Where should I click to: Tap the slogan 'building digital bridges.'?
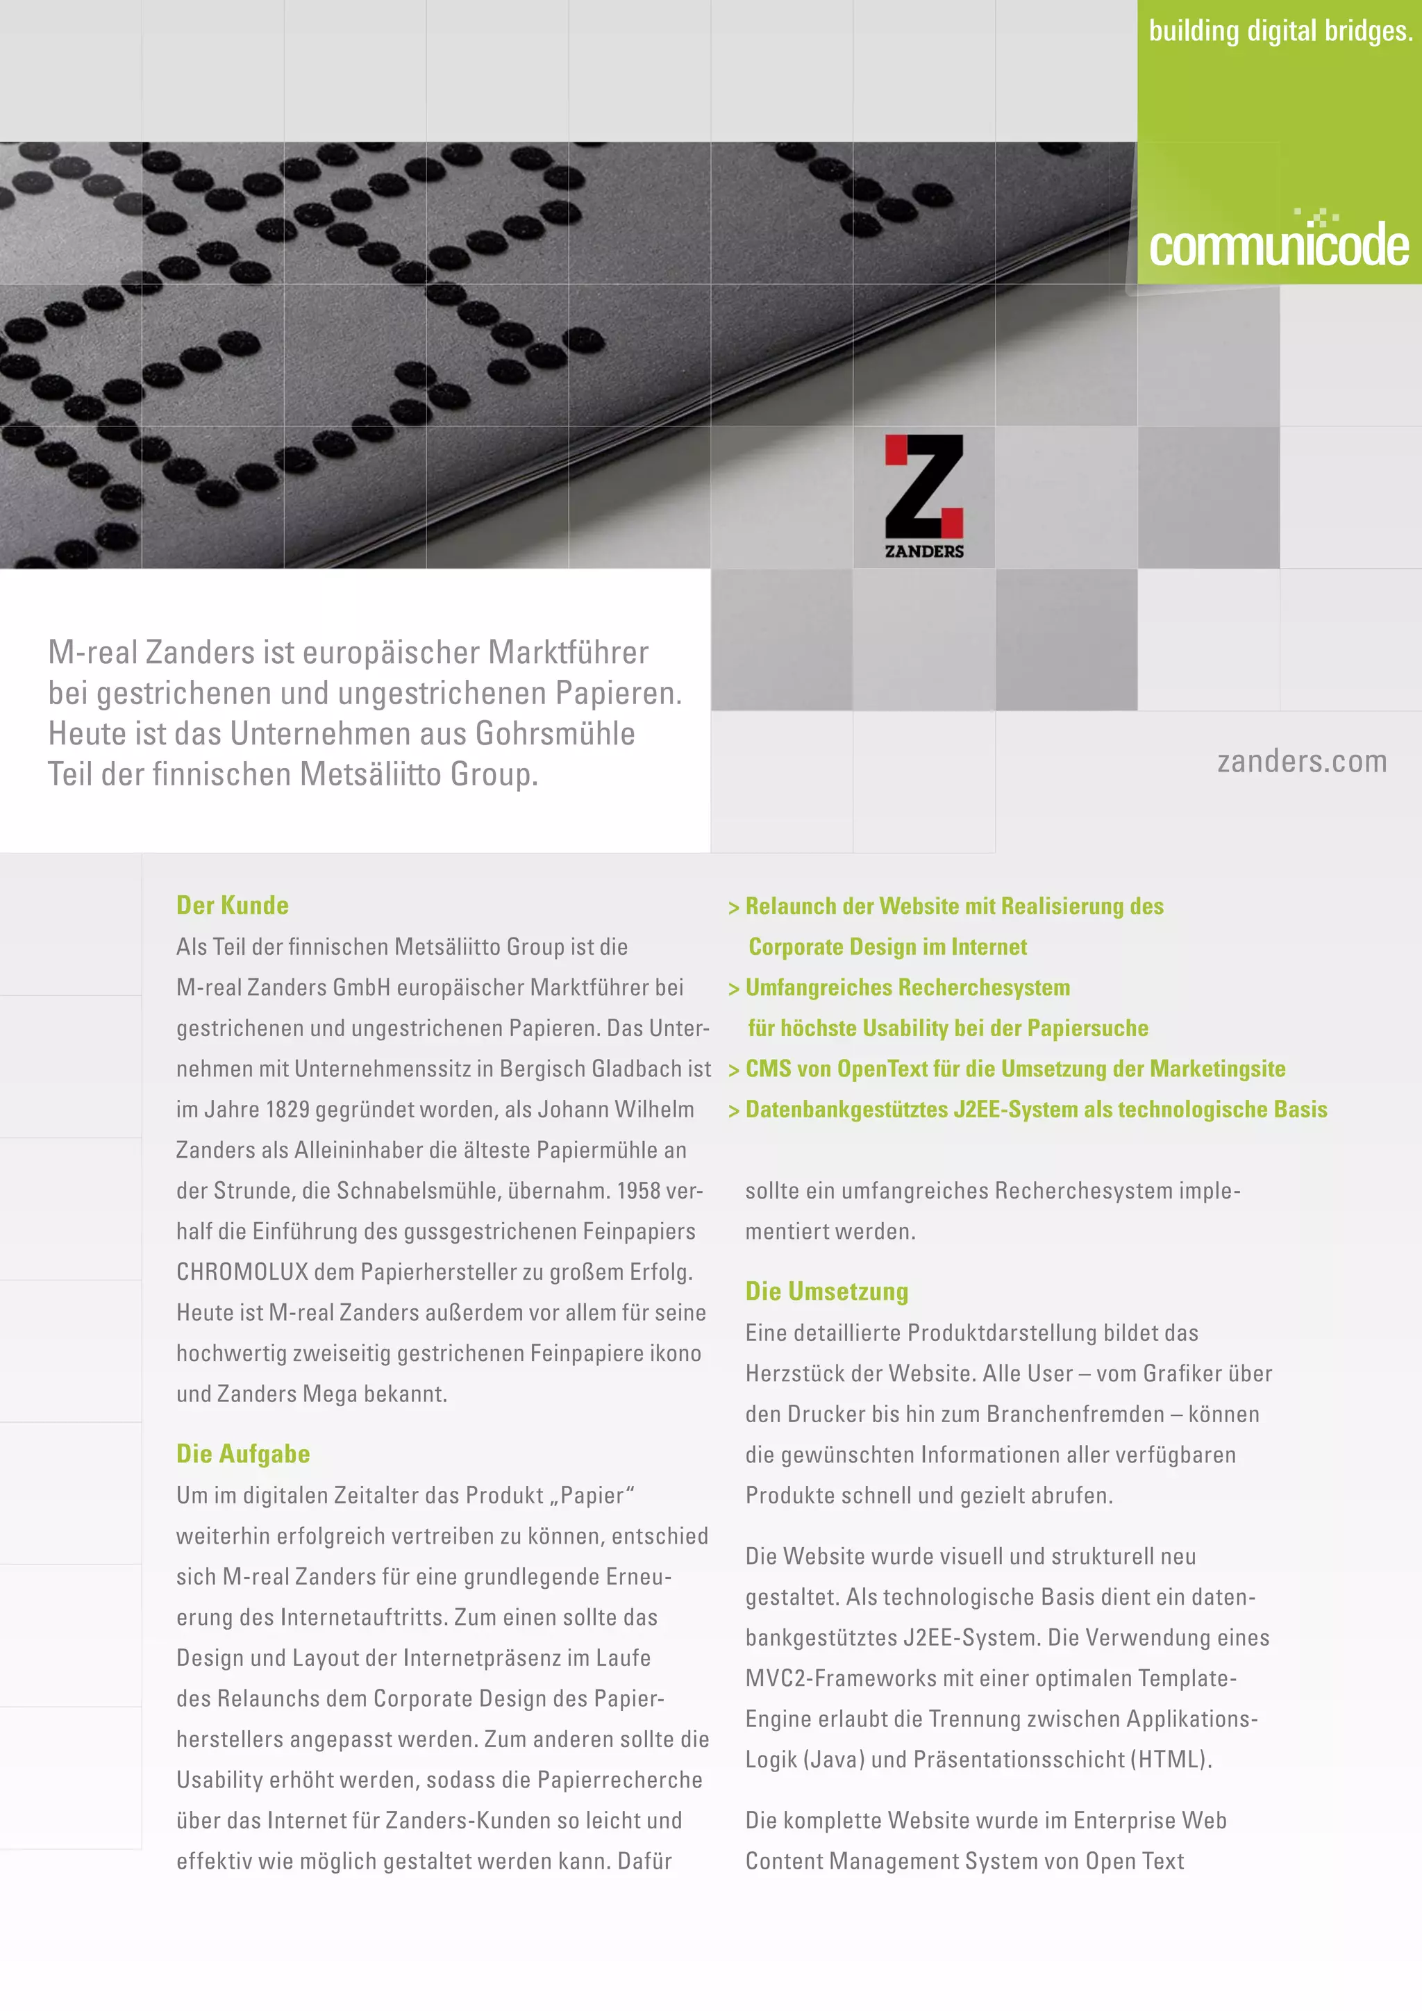click(1280, 31)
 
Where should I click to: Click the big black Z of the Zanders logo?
click(923, 486)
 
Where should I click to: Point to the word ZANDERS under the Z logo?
click(923, 551)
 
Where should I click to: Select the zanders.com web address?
click(1301, 761)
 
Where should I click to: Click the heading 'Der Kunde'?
click(232, 905)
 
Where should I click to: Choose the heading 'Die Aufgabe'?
click(242, 1453)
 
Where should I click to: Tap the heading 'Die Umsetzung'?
click(826, 1291)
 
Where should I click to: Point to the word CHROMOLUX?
click(242, 1271)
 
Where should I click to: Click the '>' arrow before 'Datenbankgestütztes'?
click(734, 1110)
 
